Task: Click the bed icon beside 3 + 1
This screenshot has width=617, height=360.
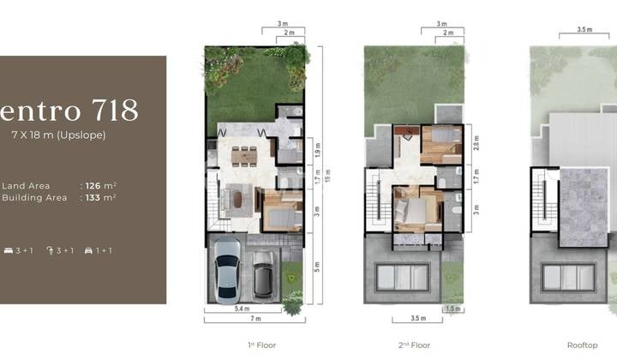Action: [8, 250]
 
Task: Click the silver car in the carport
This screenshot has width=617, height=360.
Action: [228, 269]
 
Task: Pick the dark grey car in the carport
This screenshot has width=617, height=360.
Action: [264, 277]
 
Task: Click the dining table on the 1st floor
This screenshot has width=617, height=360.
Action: [245, 155]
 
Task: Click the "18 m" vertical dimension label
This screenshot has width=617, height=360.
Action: [326, 177]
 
